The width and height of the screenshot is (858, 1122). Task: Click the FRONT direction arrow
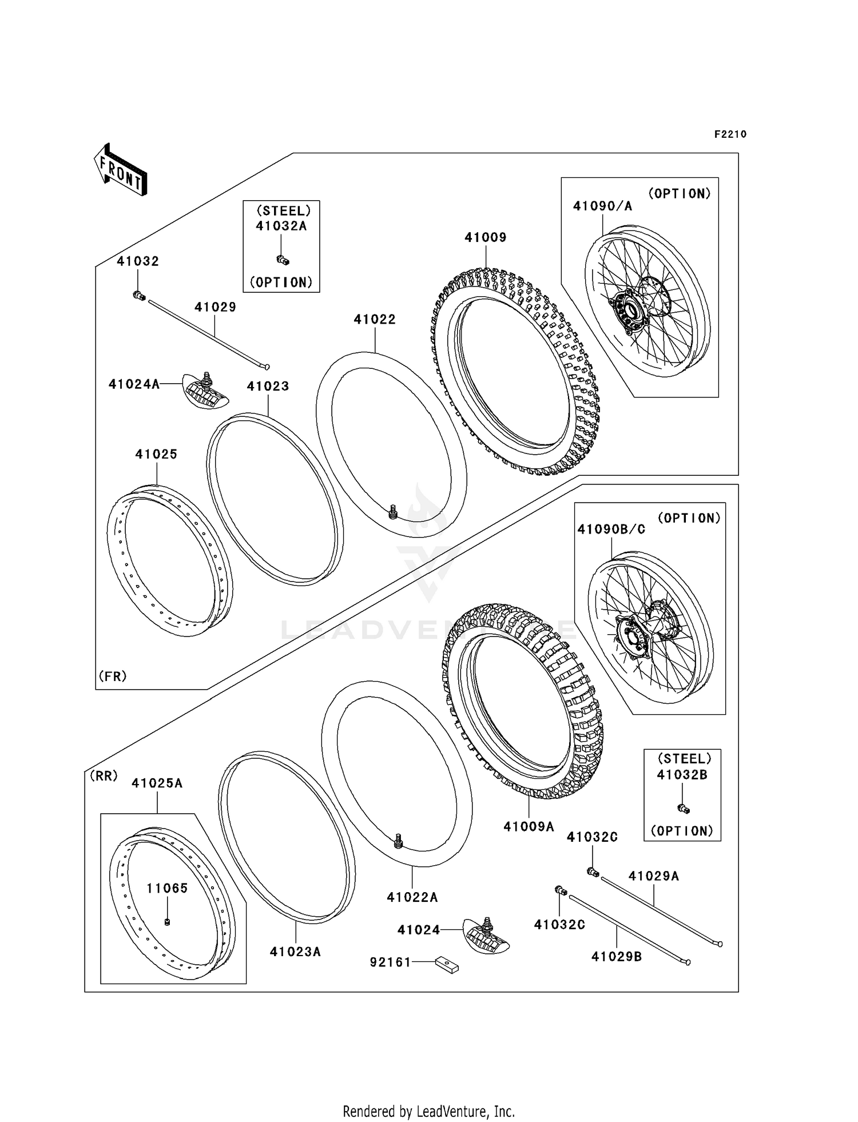(x=121, y=170)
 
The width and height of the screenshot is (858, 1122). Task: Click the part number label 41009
(x=485, y=237)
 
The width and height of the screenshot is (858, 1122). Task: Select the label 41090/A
(x=602, y=206)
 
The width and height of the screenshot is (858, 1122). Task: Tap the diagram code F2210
(x=730, y=134)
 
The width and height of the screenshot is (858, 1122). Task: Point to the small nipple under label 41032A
(x=283, y=261)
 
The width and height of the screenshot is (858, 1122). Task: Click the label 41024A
(x=134, y=384)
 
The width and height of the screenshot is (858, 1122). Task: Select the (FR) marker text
(x=113, y=677)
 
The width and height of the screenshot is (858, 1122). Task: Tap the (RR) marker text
(x=103, y=776)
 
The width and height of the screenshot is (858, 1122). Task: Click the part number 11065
(x=167, y=888)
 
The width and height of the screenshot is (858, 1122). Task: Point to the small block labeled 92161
(x=447, y=966)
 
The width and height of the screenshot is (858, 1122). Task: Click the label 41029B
(x=616, y=957)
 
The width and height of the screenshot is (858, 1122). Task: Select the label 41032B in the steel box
(x=682, y=775)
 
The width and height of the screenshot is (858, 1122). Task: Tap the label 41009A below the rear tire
(x=529, y=826)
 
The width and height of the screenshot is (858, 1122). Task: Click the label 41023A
(x=295, y=952)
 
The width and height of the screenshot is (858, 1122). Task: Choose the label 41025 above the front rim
(x=156, y=454)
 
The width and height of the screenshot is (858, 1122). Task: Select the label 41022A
(x=412, y=897)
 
